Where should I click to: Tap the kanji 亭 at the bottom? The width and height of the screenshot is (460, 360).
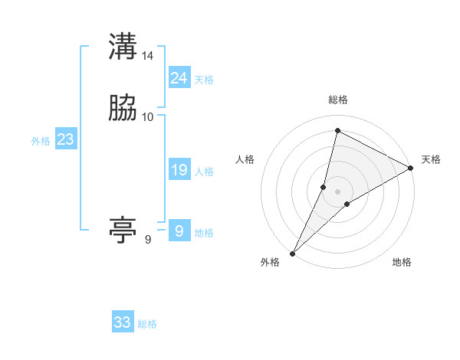(123, 231)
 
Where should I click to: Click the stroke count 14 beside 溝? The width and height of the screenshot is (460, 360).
(148, 56)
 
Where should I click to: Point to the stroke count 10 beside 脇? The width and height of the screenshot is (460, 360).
(148, 117)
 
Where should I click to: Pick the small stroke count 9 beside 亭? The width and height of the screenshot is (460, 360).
(148, 240)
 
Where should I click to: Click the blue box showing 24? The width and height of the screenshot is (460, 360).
(179, 77)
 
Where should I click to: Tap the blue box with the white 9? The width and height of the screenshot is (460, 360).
(179, 231)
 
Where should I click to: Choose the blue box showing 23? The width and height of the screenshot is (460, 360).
(65, 139)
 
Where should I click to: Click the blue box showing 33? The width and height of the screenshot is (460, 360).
(122, 322)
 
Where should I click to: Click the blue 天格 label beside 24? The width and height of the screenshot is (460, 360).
(204, 80)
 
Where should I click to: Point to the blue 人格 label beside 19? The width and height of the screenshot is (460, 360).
(204, 172)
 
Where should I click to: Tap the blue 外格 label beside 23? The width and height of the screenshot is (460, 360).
(41, 141)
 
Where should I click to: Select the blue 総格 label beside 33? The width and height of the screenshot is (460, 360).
(147, 325)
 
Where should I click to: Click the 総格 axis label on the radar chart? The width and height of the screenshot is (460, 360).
(337, 100)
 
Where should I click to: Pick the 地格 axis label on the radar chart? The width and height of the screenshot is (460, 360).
(402, 263)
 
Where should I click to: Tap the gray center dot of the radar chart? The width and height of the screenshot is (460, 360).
(337, 191)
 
